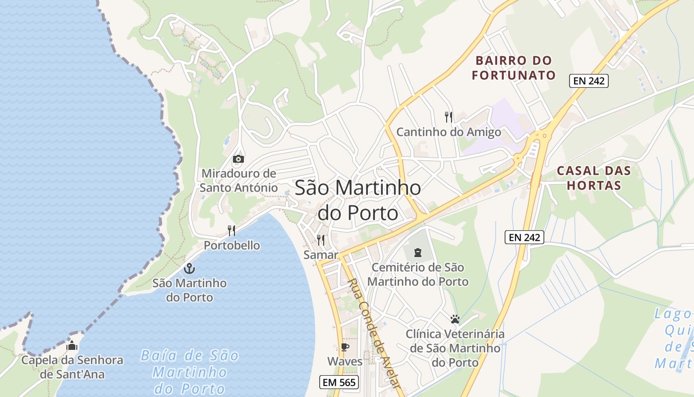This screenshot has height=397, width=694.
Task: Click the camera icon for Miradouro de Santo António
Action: click(x=238, y=159)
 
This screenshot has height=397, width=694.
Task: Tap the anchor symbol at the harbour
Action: click(x=189, y=269)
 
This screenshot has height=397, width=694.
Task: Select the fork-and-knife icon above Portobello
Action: click(x=231, y=231)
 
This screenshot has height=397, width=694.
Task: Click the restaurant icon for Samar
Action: click(x=321, y=241)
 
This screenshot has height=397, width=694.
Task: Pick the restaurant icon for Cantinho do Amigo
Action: click(x=449, y=118)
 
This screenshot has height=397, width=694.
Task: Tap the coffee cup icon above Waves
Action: click(x=345, y=347)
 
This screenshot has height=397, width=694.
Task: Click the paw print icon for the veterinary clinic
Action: click(x=455, y=319)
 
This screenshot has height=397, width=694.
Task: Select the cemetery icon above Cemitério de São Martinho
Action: click(x=417, y=253)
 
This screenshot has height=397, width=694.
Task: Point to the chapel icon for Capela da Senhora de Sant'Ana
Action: click(x=72, y=345)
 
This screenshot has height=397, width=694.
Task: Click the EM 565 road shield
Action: click(x=340, y=383)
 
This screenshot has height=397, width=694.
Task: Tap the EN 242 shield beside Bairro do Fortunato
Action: click(x=588, y=81)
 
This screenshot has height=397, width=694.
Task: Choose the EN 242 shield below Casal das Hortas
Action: click(x=524, y=237)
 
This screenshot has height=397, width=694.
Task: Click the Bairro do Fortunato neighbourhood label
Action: click(x=514, y=68)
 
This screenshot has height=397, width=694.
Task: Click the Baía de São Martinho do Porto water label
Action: click(x=190, y=372)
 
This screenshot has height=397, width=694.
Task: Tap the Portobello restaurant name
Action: click(x=231, y=246)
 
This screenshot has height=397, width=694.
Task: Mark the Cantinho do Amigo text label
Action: click(x=449, y=132)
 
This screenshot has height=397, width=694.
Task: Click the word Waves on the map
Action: click(x=345, y=361)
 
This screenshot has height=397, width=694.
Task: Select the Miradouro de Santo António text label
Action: click(x=238, y=181)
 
